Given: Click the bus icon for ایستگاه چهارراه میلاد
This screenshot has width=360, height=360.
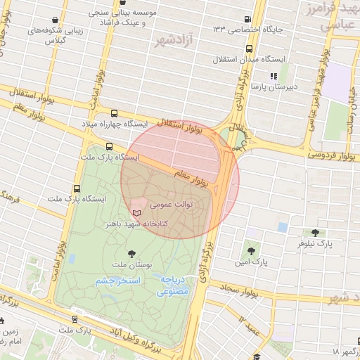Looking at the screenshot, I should click(x=115, y=113).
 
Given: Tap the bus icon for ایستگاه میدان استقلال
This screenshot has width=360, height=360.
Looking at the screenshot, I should click(x=250, y=49).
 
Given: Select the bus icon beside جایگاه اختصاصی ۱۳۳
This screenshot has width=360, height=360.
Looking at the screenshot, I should click(x=247, y=19).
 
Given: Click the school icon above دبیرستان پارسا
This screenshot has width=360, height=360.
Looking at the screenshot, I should click(x=274, y=76).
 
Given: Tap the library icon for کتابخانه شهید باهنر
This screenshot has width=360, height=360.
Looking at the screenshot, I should click(x=136, y=212).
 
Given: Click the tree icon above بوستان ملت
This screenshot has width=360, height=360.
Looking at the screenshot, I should click(x=131, y=253).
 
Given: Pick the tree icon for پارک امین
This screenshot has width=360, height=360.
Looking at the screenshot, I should click(x=250, y=250).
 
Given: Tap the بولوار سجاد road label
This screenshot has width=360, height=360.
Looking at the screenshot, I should click(x=240, y=288).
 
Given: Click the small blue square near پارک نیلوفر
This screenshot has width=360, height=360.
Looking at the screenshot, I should click(x=282, y=227).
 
